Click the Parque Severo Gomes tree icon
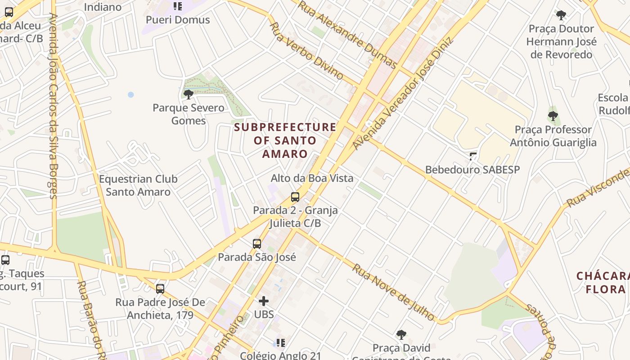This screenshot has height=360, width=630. click(x=189, y=94)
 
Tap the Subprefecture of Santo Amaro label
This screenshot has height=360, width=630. click(x=285, y=140)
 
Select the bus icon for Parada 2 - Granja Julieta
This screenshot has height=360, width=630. click(x=295, y=197)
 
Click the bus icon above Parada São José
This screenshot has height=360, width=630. click(x=257, y=244)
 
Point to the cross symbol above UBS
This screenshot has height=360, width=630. click(x=264, y=301)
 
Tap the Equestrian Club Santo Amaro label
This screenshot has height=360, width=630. click(x=138, y=185)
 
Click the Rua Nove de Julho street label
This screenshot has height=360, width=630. click(x=393, y=292)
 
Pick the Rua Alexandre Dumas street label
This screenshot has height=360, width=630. click(x=347, y=35)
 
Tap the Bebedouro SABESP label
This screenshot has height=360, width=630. click(x=472, y=170)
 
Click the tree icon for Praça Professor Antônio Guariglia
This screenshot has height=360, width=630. click(x=553, y=116)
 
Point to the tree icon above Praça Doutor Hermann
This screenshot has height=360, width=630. click(x=561, y=15)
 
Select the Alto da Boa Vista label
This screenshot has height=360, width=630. click(x=312, y=178)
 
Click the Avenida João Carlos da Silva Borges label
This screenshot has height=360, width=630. click(x=54, y=106)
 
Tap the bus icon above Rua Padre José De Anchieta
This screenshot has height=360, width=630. click(x=160, y=289)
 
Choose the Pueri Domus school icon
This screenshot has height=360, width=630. click(x=178, y=6)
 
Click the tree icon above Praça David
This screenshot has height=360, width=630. click(x=401, y=335)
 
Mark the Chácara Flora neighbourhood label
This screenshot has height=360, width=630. click(x=603, y=283)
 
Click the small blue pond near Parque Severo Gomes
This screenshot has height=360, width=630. click(x=130, y=94)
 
